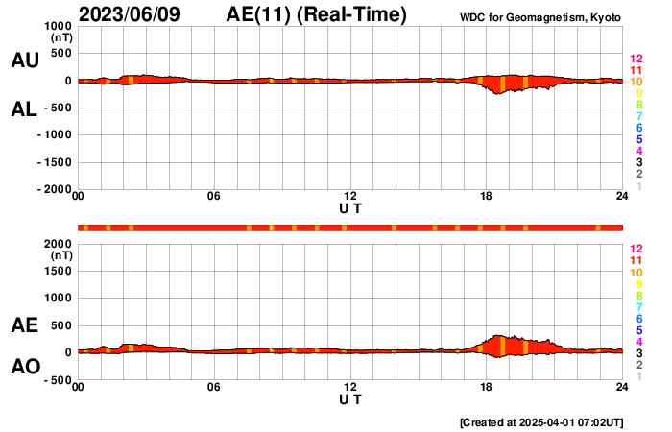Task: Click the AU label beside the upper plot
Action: coord(24,60)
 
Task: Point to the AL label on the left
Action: coord(24,109)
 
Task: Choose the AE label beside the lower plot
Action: coord(24,325)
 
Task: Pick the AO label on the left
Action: coord(24,367)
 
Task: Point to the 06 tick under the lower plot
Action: coord(214,387)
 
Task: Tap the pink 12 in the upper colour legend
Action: coord(636,59)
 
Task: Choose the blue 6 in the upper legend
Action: coord(638,128)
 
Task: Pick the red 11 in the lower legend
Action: coord(636,260)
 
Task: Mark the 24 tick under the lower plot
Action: coord(622,387)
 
